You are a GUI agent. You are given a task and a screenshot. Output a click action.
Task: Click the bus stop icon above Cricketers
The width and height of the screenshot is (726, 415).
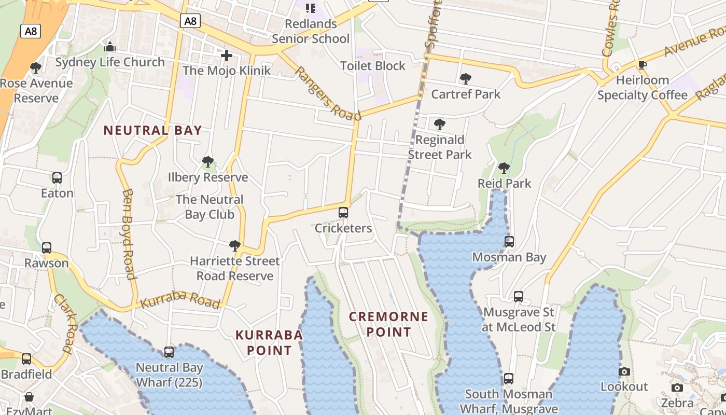tap(343, 213)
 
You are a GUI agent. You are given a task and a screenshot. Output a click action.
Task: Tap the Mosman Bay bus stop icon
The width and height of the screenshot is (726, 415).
tap(509, 242)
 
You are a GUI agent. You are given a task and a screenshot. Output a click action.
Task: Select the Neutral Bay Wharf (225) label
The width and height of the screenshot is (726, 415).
tap(169, 375)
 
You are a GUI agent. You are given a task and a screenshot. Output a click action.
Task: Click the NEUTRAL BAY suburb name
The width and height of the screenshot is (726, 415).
tap(152, 130)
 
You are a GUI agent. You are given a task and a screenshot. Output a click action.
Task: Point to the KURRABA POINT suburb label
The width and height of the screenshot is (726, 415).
tap(269, 342)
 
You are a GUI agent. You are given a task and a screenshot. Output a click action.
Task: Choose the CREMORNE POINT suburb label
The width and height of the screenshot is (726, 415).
tap(388, 324)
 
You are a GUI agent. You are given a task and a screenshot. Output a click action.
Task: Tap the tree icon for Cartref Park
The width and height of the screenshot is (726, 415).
tap(465, 79)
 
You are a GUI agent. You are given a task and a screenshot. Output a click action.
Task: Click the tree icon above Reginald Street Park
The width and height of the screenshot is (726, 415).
tap(439, 125)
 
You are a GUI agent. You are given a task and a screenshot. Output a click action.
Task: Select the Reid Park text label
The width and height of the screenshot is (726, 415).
tap(504, 184)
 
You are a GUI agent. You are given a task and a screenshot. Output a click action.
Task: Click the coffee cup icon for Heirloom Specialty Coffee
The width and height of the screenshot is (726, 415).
tap(642, 65)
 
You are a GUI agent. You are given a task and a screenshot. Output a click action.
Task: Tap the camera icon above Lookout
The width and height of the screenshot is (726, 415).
tap(624, 372)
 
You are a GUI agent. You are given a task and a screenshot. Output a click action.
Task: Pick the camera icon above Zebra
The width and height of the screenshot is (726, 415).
tap(677, 388)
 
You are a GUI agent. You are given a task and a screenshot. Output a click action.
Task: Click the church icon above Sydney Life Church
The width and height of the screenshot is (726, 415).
tap(109, 47)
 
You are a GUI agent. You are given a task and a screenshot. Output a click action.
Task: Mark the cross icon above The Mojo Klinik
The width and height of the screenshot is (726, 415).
tap(226, 56)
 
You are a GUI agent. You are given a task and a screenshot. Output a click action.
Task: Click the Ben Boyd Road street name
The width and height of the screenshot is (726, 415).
tap(129, 233)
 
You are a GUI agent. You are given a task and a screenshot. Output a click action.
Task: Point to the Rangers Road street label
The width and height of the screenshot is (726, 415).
tap(327, 93)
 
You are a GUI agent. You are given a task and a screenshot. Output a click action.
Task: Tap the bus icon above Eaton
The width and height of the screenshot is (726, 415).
tap(57, 178)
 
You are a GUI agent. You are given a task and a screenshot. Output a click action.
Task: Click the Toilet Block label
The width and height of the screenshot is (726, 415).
tap(372, 66)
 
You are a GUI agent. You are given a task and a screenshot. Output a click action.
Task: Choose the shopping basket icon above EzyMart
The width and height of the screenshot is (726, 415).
tap(29, 397)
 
